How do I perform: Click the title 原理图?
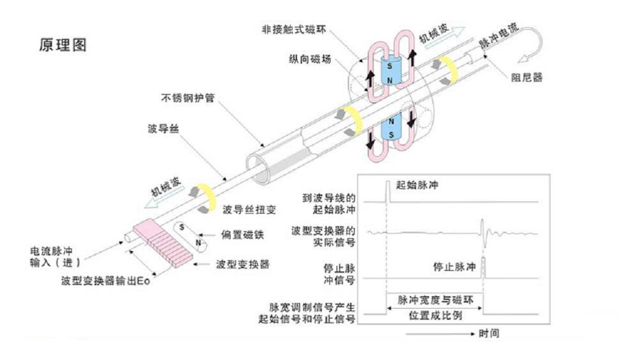pos(62,45)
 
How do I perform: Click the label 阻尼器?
pos(527,78)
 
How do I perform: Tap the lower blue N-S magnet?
pos(392,127)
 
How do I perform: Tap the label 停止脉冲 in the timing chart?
pos(455,268)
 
